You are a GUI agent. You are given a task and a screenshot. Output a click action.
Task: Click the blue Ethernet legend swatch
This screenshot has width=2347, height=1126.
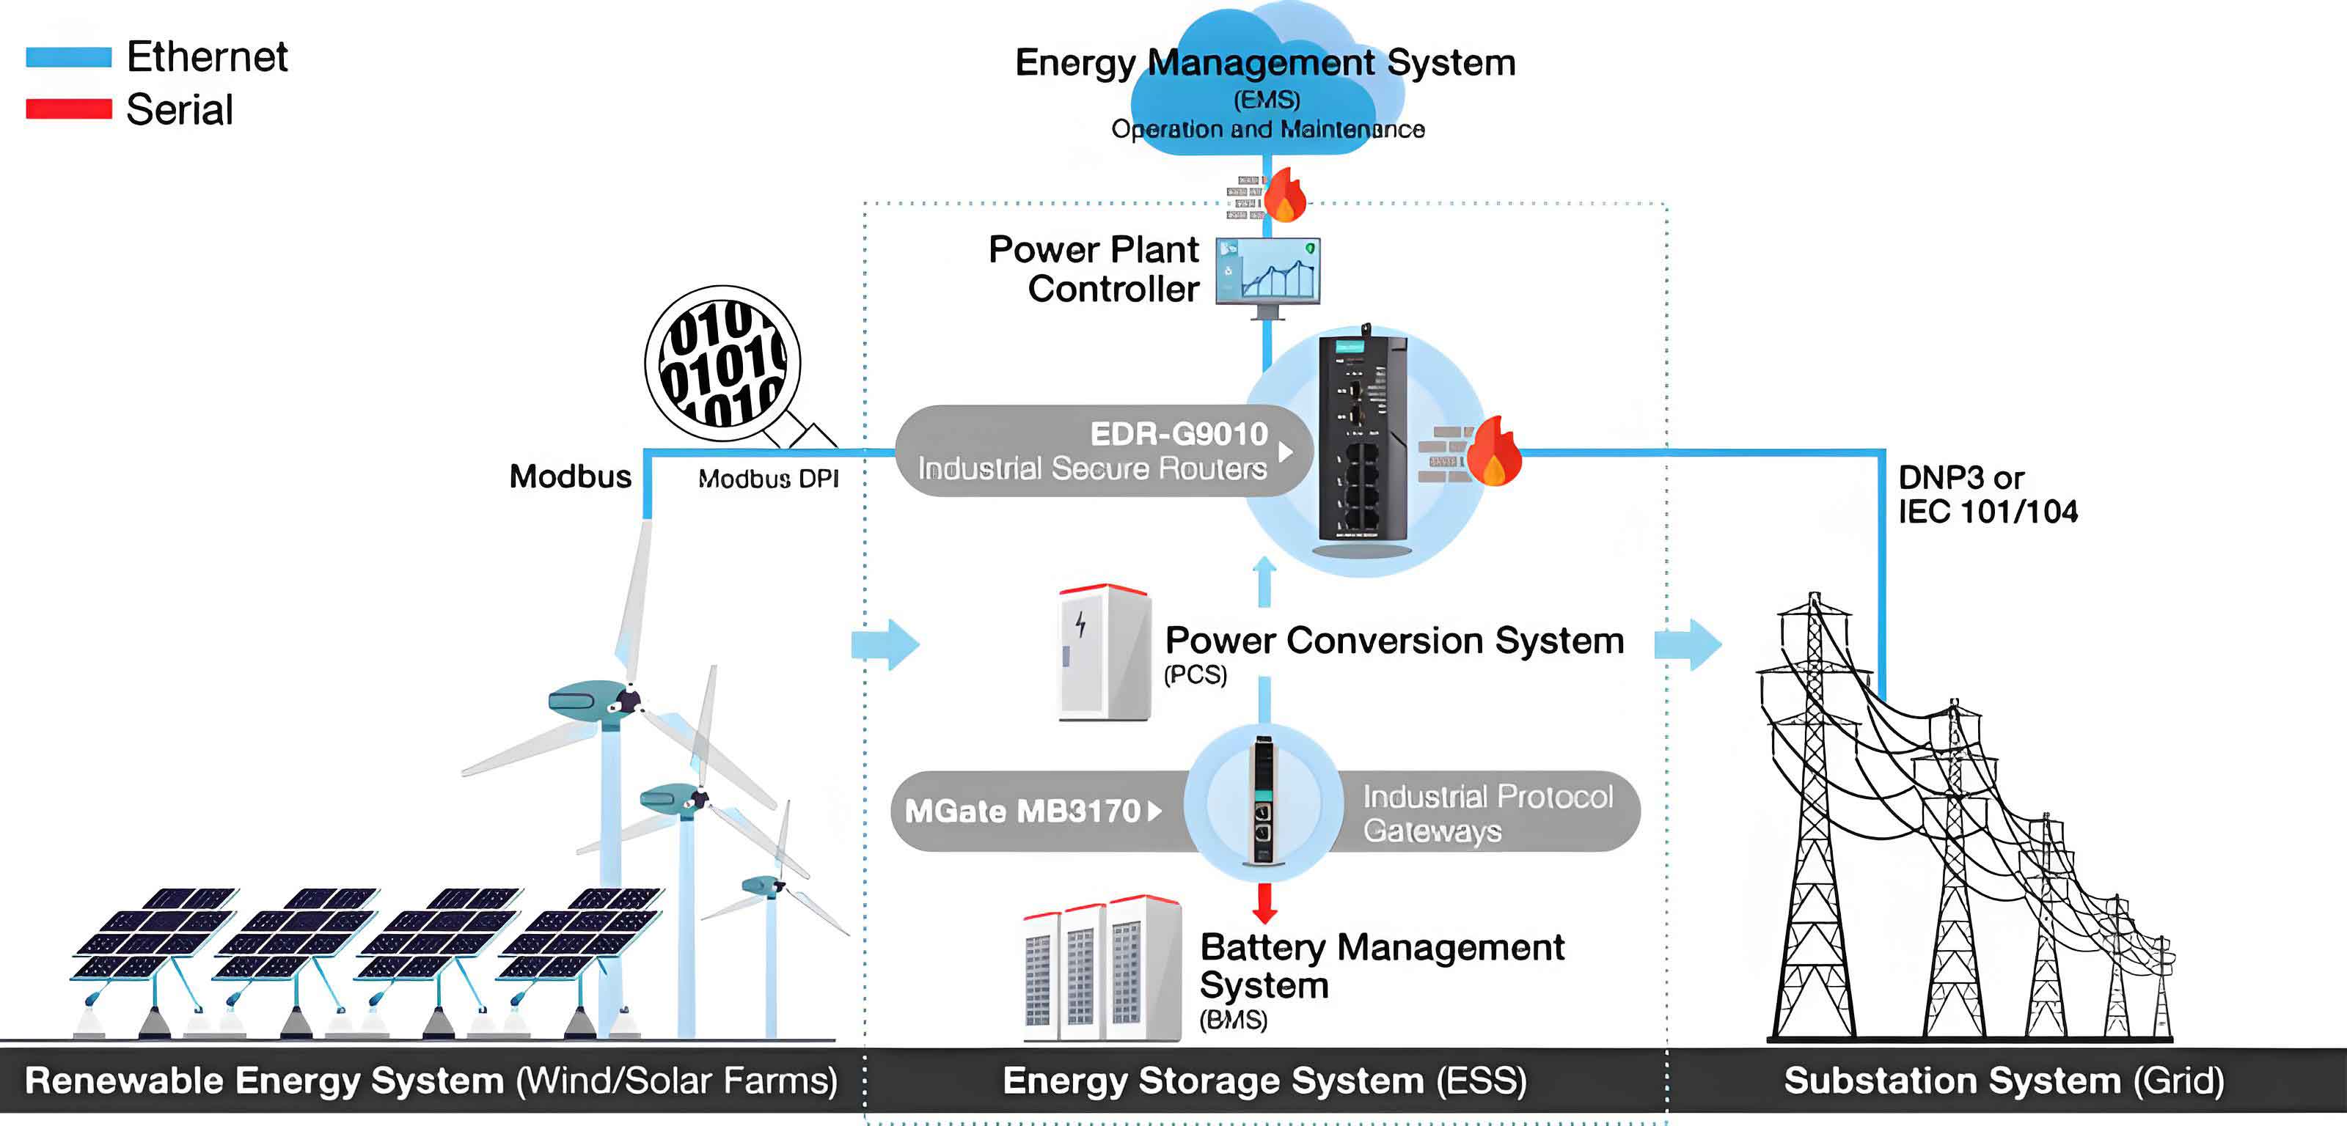click(x=68, y=56)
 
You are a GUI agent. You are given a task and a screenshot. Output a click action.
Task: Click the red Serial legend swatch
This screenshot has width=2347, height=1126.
click(x=68, y=108)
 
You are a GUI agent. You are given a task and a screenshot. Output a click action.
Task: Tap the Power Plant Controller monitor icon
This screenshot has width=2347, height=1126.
click(x=1268, y=273)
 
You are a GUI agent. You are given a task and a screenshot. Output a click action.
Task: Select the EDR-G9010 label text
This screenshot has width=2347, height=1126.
click(x=1178, y=434)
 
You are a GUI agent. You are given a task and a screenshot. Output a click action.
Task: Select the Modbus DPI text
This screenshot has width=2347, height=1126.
click(x=768, y=479)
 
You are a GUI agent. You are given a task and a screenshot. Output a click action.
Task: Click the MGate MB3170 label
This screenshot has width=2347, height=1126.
click(x=1022, y=811)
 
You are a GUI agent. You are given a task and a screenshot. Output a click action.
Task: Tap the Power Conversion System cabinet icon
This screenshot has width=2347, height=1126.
click(x=1103, y=652)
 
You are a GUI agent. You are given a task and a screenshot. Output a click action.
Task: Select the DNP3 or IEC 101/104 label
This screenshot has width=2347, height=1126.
click(x=1986, y=495)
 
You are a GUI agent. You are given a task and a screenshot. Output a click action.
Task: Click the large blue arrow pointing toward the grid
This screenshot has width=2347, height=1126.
click(x=1688, y=644)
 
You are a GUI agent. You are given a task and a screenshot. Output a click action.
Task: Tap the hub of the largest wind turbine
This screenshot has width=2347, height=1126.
click(x=628, y=701)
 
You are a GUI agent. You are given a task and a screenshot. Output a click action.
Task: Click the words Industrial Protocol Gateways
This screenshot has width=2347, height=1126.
click(x=1486, y=813)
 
